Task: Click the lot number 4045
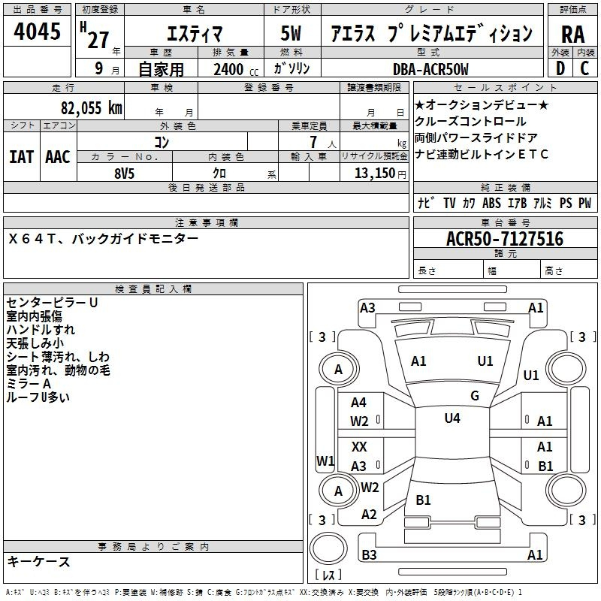pos(37,32)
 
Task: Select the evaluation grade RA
pos(572,34)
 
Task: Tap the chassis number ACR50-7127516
pos(504,239)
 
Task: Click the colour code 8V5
pos(124,172)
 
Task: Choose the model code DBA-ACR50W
pos(430,69)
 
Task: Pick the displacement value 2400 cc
pos(234,69)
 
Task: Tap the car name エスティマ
pos(192,34)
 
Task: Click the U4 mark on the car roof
pos(452,418)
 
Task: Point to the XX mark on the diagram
pos(359,446)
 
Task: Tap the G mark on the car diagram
pos(474,395)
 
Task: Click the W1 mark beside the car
pos(325,460)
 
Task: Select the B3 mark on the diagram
pos(369,555)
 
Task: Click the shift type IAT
pos(21,156)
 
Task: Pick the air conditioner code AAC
pos(57,156)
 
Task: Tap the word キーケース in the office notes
pos(38,561)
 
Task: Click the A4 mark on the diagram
pos(359,403)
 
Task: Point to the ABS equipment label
pos(491,203)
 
